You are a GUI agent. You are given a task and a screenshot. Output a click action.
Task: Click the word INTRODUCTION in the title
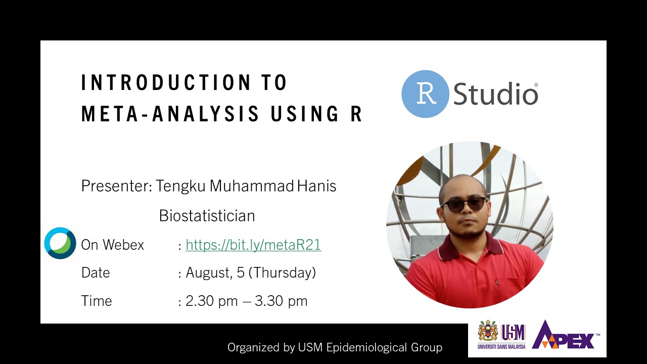point(166,82)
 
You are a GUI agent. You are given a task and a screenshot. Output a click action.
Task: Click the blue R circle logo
point(425,94)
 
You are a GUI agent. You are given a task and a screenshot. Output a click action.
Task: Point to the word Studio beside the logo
point(496,94)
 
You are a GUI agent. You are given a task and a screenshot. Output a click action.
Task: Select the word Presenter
point(117,186)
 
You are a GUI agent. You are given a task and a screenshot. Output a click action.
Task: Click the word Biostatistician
point(207,215)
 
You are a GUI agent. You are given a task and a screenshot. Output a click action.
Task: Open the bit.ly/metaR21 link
point(253,245)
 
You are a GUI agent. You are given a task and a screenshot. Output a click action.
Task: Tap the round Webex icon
point(60,243)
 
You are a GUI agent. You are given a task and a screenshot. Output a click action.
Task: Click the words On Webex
point(113,245)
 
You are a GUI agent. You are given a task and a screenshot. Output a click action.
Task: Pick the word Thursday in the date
point(283,272)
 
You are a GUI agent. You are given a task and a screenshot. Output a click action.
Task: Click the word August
point(209,272)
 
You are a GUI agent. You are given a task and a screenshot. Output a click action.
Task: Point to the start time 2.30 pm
point(211,301)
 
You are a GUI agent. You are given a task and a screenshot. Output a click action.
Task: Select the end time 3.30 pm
point(281,301)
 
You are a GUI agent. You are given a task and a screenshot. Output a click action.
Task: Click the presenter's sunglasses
point(464,205)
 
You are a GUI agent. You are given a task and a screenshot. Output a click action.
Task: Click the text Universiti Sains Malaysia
point(501,347)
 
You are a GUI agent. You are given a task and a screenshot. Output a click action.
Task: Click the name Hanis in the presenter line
point(317,186)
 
